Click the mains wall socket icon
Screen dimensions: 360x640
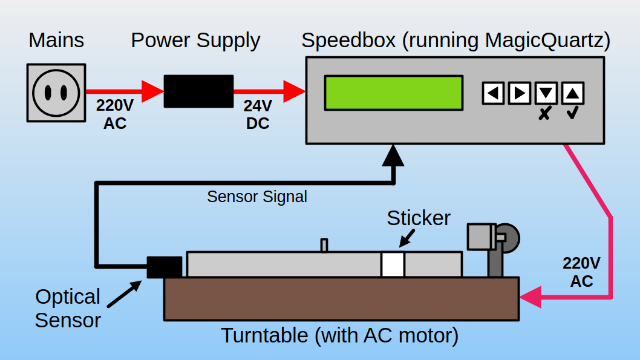pyautogui.click(x=56, y=93)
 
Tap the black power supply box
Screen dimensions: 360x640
pyautogui.click(x=198, y=91)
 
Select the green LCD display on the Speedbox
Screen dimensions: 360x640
pyautogui.click(x=393, y=93)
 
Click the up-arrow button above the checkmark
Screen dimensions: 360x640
pyautogui.click(x=572, y=93)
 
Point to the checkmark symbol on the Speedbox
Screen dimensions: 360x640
pyautogui.click(x=572, y=113)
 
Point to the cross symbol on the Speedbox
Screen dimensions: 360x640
pyautogui.click(x=544, y=113)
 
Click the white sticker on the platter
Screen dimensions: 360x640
pyautogui.click(x=393, y=264)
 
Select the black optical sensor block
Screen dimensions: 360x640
pyautogui.click(x=165, y=267)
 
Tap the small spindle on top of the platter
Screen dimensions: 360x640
pyautogui.click(x=324, y=245)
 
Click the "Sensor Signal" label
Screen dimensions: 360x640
pyautogui.click(x=256, y=197)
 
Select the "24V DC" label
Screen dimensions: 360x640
pyautogui.click(x=258, y=114)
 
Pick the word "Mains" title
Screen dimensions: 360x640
pyautogui.click(x=56, y=41)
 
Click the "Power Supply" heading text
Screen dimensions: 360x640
pyautogui.click(x=195, y=41)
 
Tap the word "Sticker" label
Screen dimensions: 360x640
pyautogui.click(x=419, y=218)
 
